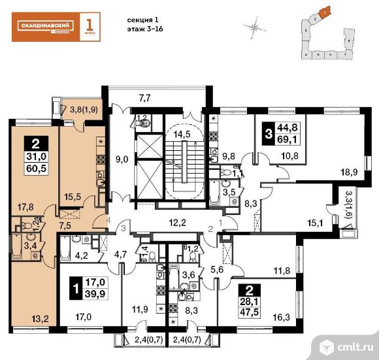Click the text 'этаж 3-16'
[x=142, y=29]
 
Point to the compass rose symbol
[x=254, y=27]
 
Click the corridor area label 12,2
[x=174, y=223]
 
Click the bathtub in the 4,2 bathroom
[x=67, y=246]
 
